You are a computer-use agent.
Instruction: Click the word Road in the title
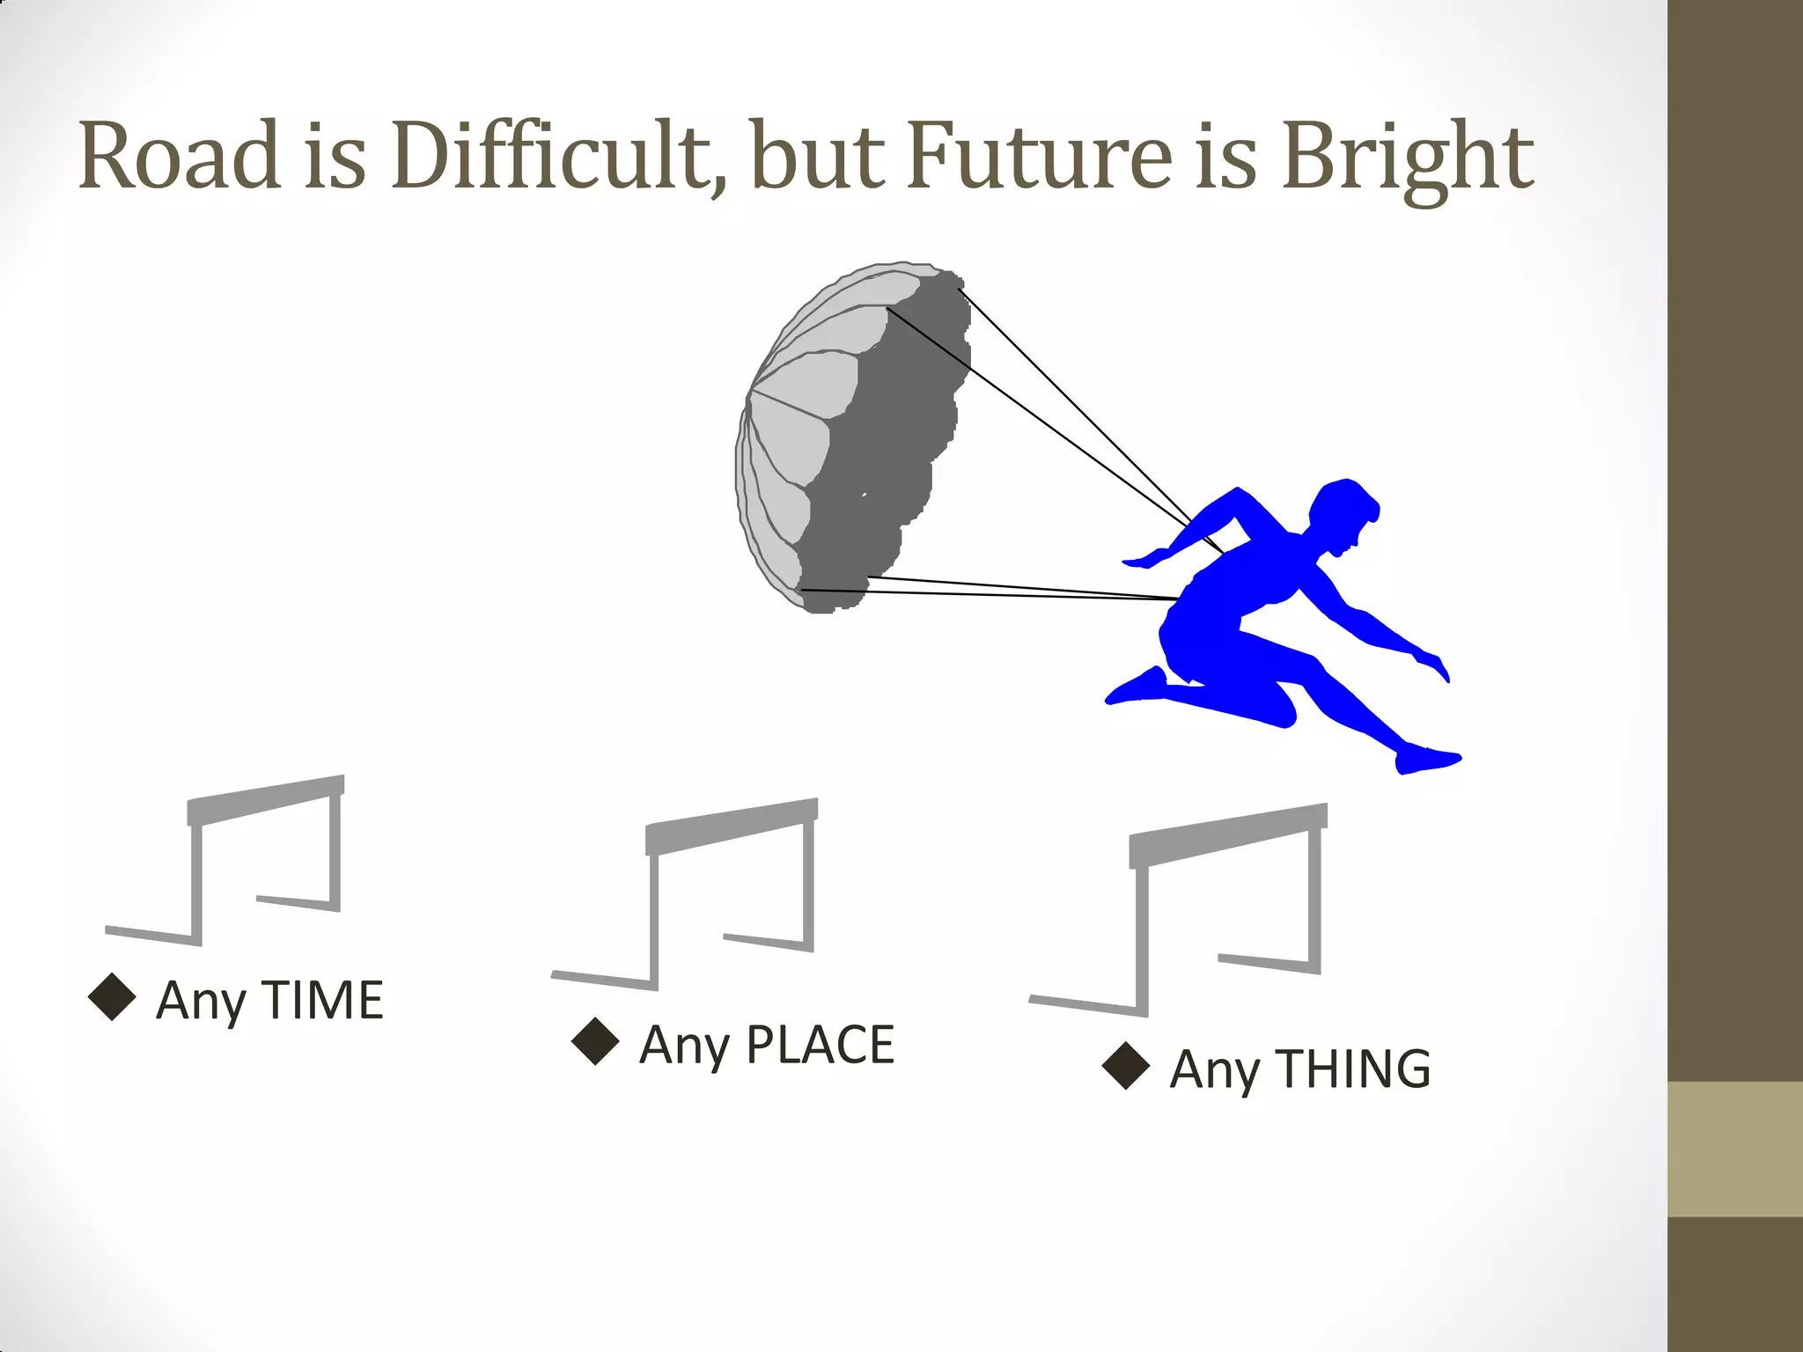point(180,156)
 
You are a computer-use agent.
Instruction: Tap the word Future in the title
point(1038,156)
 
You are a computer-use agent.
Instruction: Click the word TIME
point(323,1001)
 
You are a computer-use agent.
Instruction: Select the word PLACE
point(820,1045)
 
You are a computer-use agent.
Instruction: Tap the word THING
point(1353,1069)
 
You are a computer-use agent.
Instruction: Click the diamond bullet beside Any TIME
point(113,997)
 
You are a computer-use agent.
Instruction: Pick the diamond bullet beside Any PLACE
point(595,1041)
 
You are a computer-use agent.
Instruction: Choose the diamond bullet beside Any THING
point(1126,1066)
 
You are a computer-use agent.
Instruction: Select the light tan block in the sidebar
point(1734,1149)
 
